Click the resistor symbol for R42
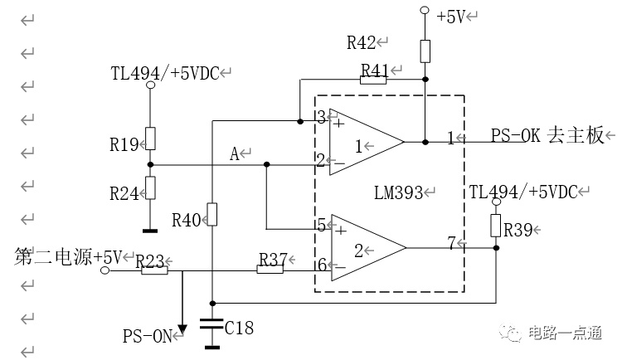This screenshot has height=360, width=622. pos(425,51)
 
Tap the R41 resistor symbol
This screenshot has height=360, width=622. pos(373,80)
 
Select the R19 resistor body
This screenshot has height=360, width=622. pos(150,139)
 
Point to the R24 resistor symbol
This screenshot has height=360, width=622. pos(150,187)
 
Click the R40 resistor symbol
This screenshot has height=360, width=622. pos(212,214)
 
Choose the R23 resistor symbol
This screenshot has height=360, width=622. pos(154,270)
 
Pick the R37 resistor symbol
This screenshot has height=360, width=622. pos(270,270)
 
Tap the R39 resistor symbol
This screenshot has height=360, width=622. pos(495,226)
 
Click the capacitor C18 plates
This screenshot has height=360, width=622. pos(212,324)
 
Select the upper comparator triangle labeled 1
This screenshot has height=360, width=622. pos(367,142)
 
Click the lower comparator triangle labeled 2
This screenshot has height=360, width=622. pos(368,248)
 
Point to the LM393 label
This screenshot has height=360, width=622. pos(398,193)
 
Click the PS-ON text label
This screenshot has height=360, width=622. pos(147,336)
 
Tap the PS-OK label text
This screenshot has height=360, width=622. pos(516,135)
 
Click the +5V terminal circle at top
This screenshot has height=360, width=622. pos(425,10)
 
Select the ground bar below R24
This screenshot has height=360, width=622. pos(150,231)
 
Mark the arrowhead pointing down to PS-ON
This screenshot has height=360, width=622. pos(182,330)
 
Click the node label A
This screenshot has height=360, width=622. pos(235,153)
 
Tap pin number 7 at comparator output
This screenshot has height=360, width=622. pos(452,242)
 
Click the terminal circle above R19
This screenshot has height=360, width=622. pos(150,85)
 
